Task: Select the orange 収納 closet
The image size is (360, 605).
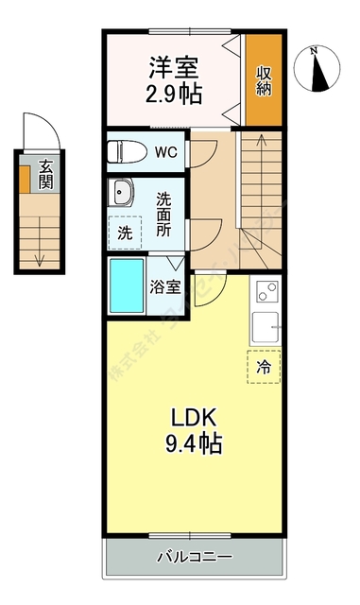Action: [264, 79]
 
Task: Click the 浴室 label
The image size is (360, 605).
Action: [165, 287]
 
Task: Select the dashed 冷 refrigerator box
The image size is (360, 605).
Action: [264, 367]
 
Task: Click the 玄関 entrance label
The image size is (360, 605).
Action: [45, 176]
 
